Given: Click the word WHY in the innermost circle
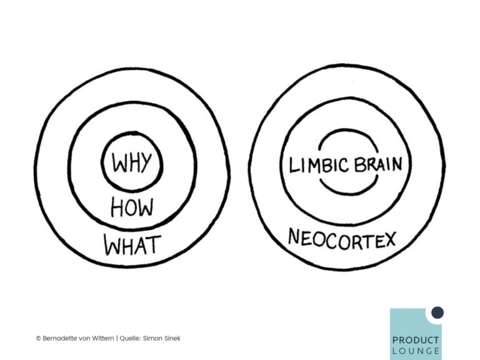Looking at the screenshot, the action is [132, 162].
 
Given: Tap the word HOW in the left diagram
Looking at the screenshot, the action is [132, 207].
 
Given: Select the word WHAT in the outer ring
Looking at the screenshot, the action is [132, 245].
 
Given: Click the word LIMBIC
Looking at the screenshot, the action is [319, 165].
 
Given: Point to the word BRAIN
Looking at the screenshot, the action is [378, 164].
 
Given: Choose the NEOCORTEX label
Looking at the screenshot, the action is [342, 239].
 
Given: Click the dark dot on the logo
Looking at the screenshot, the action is [437, 312].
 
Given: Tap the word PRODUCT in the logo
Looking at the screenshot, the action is [416, 340].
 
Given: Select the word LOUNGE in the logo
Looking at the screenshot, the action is [416, 351].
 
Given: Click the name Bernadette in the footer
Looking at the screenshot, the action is [60, 338].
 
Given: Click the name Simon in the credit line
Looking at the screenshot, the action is [152, 338].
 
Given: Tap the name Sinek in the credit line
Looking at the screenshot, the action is [172, 338].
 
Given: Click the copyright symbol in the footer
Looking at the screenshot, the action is [39, 338].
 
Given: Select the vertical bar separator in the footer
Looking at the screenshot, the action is [117, 338].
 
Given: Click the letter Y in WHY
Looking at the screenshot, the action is [146, 162].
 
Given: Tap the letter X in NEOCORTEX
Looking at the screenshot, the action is [390, 239].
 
